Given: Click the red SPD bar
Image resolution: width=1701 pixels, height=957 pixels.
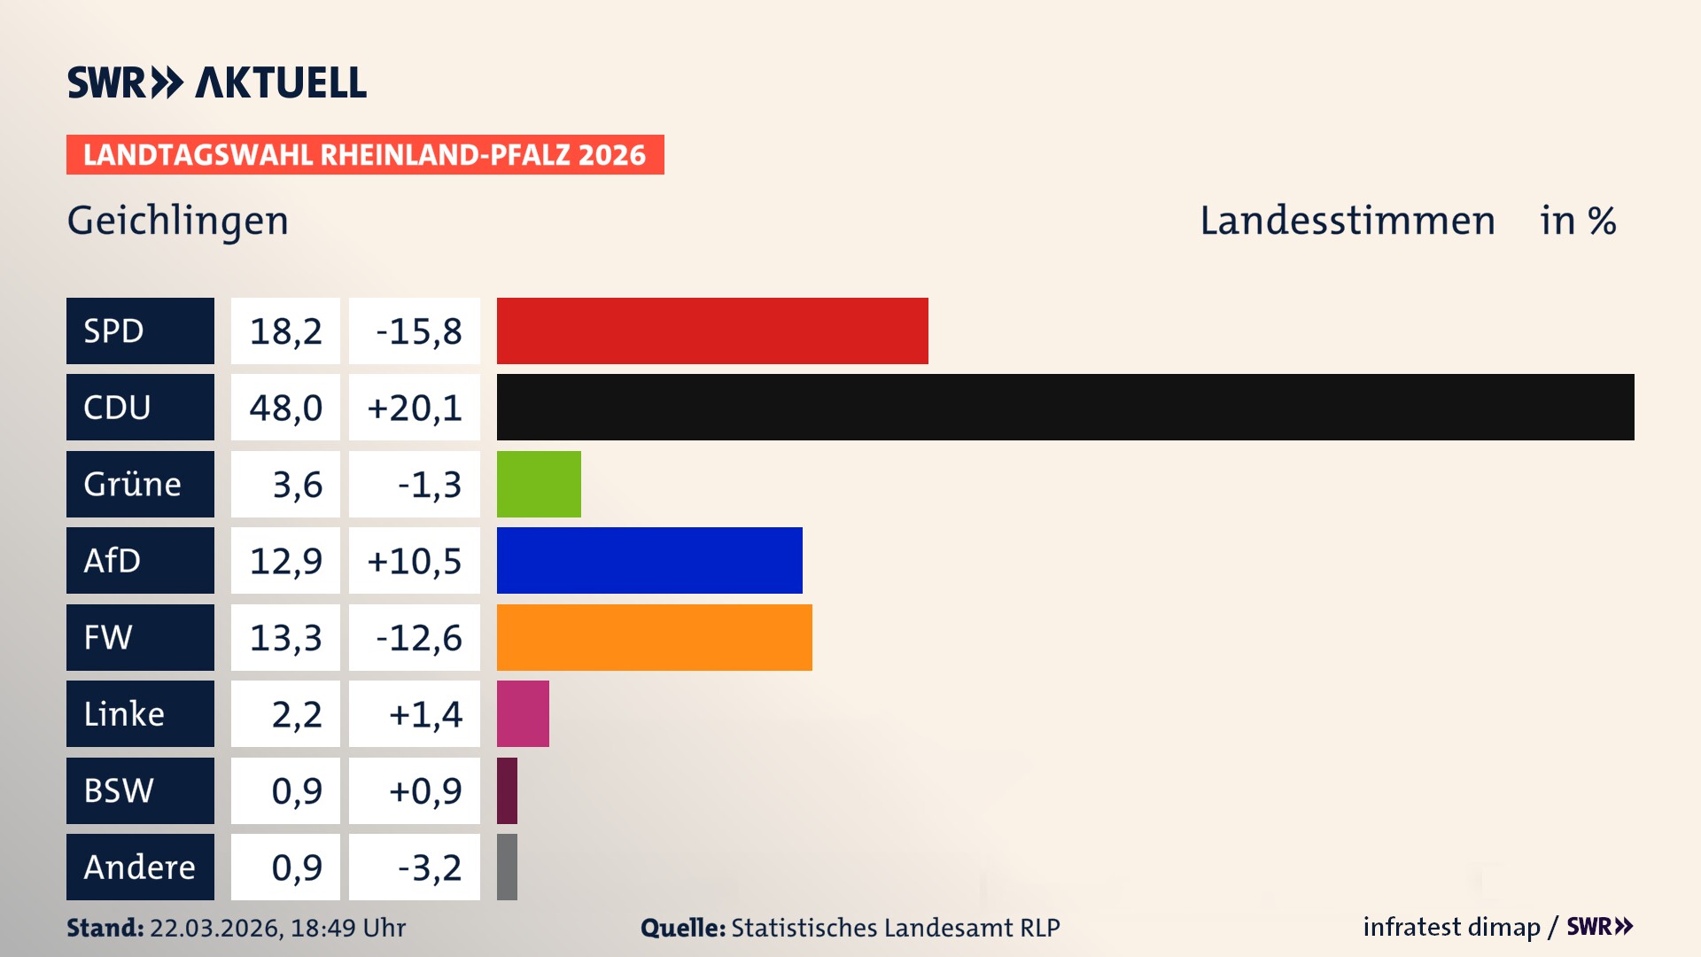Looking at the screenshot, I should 712,331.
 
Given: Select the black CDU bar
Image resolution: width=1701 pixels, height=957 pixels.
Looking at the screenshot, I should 1065,407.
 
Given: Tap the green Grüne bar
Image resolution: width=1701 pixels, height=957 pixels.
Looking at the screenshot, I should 539,484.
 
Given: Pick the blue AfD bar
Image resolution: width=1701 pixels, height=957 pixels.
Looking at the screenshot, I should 649,560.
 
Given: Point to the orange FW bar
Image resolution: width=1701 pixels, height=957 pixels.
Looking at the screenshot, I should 654,637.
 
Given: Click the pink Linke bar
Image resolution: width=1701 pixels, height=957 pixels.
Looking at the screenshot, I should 523,713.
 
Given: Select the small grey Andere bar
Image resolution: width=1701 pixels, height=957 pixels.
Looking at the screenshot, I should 507,867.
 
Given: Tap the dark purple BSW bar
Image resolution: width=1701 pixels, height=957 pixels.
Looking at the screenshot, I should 507,790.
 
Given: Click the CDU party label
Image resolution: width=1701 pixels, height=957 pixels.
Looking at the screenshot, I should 140,407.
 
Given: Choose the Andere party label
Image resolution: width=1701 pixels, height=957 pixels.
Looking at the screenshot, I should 140,867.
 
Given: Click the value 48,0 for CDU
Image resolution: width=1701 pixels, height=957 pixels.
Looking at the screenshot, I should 285,408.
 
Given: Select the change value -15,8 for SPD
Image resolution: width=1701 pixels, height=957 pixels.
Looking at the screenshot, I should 415,331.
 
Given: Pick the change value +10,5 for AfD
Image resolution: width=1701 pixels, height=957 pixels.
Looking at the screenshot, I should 415,561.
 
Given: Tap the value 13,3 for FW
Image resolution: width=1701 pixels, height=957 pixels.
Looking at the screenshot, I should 285,637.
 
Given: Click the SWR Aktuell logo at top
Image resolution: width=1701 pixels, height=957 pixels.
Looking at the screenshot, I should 217,82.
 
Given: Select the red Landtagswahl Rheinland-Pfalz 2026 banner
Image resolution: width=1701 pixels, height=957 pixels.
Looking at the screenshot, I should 365,155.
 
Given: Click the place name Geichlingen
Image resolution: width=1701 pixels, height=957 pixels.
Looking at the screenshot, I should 178,221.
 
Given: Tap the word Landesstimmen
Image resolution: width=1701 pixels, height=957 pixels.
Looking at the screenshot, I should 1348,221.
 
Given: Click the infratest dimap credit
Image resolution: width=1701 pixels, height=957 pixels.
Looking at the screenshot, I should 1451,927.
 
